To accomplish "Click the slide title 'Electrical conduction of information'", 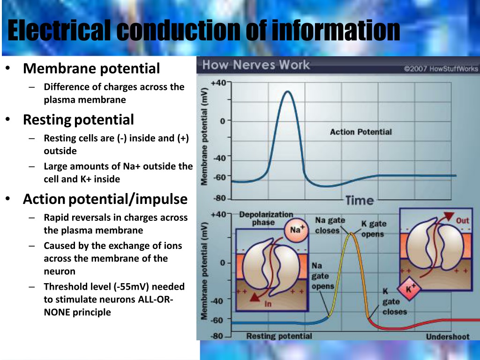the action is click(203, 30).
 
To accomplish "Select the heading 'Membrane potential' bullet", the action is click(91, 68).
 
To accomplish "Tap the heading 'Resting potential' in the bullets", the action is click(78, 120).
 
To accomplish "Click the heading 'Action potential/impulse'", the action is click(105, 199).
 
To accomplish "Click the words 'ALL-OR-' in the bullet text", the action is click(156, 299).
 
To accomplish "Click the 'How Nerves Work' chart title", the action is click(256, 65).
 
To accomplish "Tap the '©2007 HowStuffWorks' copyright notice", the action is click(441, 68).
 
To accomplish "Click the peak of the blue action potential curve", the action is click(287, 91).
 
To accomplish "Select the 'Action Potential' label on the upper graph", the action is click(361, 132).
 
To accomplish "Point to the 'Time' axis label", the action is click(360, 201).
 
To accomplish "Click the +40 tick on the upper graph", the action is click(218, 82).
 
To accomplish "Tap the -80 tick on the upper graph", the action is click(219, 198).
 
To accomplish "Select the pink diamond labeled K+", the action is click(409, 288).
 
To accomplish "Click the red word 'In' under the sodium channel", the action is click(268, 304).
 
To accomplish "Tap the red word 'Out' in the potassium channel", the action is click(463, 221).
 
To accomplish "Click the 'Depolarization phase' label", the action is click(266, 218).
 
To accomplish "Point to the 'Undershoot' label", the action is click(448, 337).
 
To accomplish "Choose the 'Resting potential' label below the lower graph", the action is click(279, 336).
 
